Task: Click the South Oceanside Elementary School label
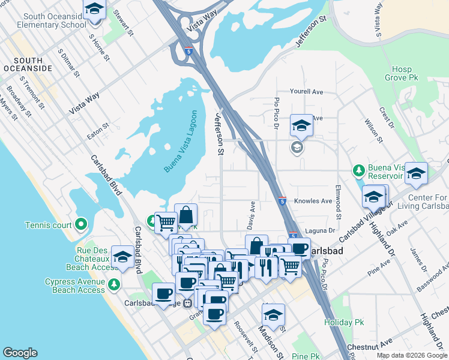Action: click(x=43, y=21)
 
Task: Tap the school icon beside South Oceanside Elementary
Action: click(x=94, y=10)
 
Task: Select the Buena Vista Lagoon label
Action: click(x=179, y=141)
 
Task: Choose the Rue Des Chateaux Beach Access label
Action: click(x=80, y=259)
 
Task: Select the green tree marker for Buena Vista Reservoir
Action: click(x=359, y=170)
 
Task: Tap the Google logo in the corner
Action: click(x=20, y=353)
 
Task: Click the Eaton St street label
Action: click(x=98, y=131)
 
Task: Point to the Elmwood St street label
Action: click(x=339, y=201)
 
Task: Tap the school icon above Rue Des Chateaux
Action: click(x=123, y=256)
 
